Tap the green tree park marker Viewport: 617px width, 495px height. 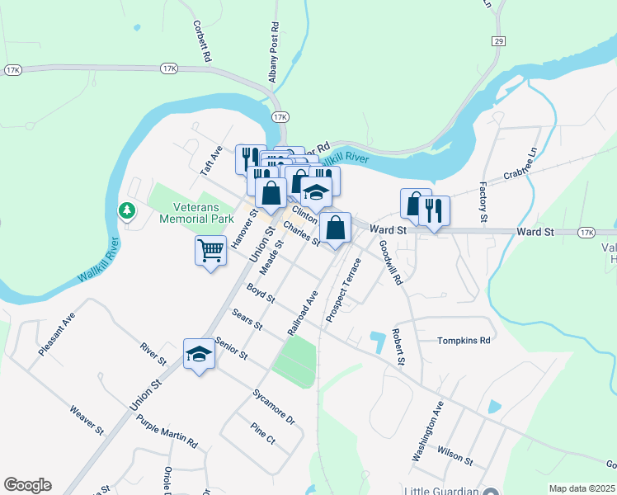(127, 211)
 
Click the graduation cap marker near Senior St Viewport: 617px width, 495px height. (199, 354)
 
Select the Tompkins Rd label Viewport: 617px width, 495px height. (464, 340)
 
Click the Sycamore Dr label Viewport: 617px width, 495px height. (274, 406)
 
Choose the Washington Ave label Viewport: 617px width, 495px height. (428, 431)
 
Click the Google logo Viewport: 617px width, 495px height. (27, 484)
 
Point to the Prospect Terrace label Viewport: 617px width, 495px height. (344, 290)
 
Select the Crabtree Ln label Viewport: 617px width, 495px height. (520, 173)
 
